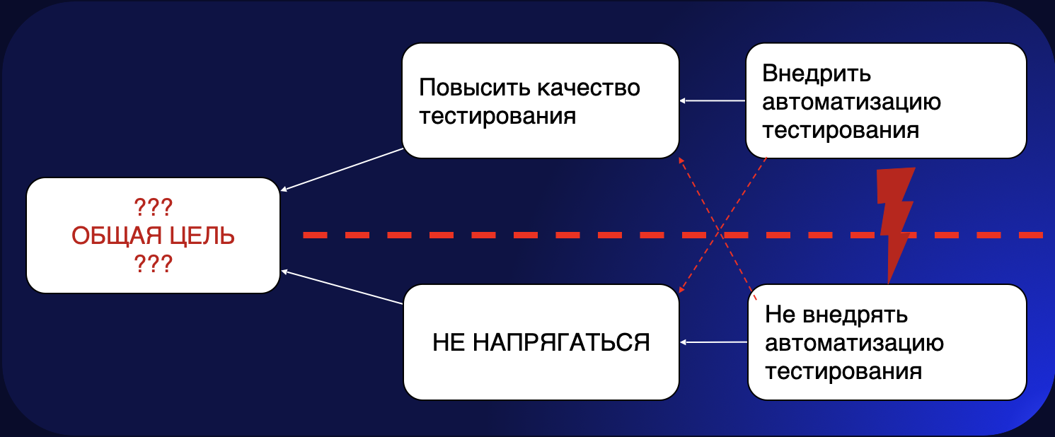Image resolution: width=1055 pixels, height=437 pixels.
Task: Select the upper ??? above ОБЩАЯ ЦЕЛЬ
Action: point(154,207)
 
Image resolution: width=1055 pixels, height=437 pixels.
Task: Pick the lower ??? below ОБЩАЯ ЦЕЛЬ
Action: point(154,264)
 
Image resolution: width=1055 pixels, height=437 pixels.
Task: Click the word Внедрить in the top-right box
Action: point(816,74)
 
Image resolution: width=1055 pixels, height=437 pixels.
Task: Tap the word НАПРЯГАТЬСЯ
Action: point(560,343)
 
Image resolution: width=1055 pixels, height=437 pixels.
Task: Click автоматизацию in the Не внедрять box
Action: point(855,343)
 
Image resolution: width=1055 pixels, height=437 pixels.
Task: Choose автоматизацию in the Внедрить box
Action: point(852,103)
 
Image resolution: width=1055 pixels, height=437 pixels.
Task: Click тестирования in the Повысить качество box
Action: point(497,116)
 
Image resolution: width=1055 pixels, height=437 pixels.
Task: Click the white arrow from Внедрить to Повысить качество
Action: point(713,101)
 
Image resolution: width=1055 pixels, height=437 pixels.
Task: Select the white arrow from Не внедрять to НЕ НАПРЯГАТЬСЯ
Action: point(713,342)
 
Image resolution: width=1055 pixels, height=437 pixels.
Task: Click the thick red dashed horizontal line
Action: point(495,234)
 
